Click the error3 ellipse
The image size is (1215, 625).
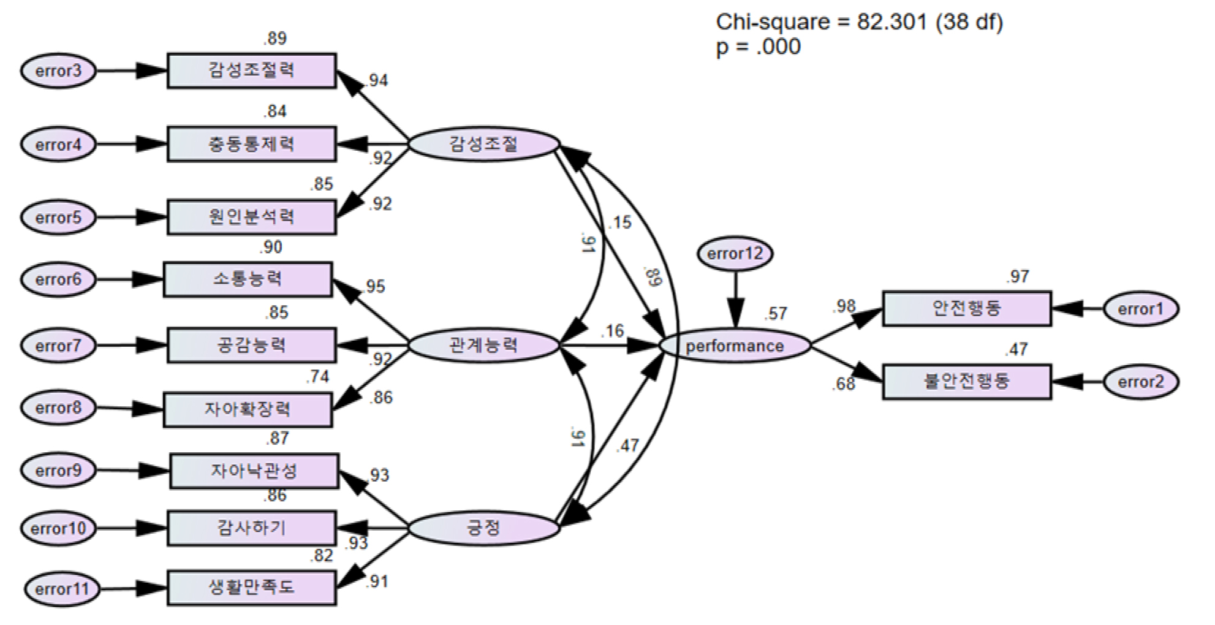click(x=58, y=71)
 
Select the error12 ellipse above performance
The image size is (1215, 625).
click(x=735, y=254)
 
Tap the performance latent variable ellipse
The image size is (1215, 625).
click(x=735, y=346)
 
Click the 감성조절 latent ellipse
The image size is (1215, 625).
click(x=483, y=145)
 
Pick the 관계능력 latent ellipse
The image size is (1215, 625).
click(x=483, y=346)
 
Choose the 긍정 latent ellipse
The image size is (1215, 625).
click(x=483, y=528)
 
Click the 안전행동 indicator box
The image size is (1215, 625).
click(x=966, y=308)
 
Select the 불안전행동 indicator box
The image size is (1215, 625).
click(x=966, y=382)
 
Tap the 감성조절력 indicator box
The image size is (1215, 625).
click(x=252, y=71)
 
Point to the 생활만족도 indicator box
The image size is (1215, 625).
click(x=252, y=588)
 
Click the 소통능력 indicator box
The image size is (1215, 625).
click(x=248, y=279)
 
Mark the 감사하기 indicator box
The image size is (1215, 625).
click(x=252, y=528)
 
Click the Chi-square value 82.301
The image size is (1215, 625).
click(x=891, y=22)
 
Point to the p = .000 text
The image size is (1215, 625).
click(x=758, y=47)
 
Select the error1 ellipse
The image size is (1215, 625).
click(x=1140, y=309)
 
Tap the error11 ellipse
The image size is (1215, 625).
click(x=62, y=589)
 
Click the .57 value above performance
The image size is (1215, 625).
click(x=775, y=314)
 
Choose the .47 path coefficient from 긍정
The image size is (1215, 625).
click(x=629, y=445)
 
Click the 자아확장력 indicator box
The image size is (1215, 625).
click(x=248, y=409)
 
